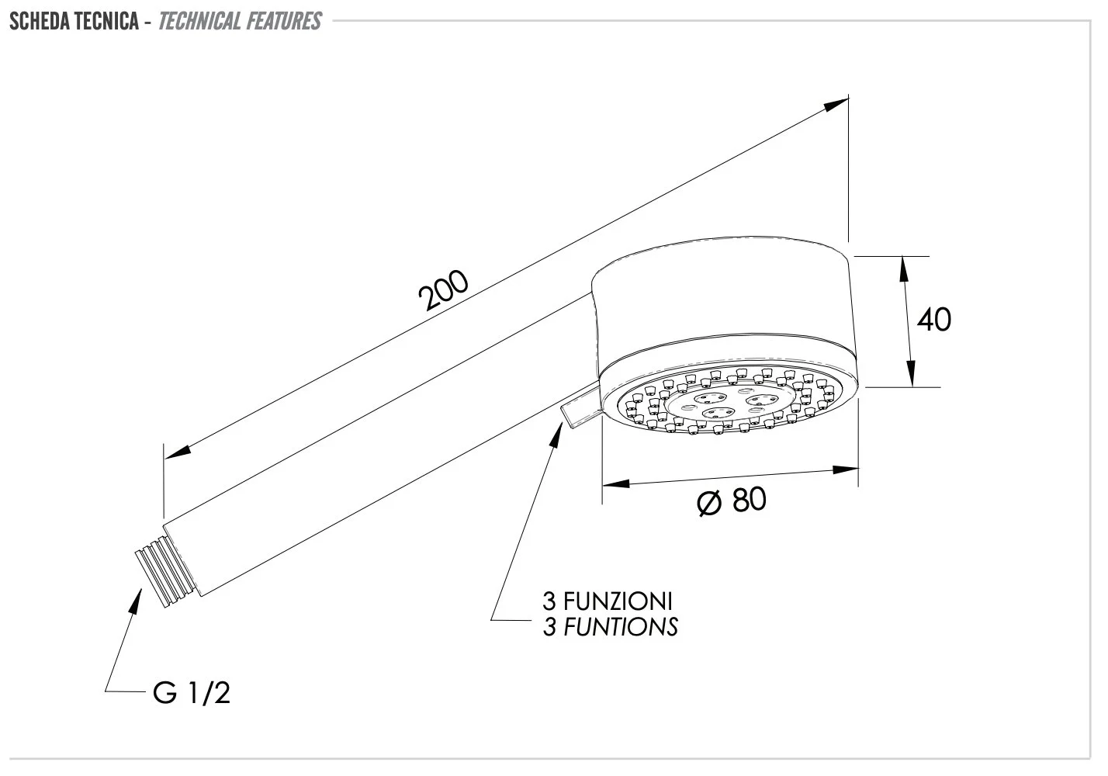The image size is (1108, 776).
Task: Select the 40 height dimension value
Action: coord(934,320)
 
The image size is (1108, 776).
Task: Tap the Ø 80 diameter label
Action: coord(732,501)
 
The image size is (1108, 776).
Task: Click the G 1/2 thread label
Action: coord(192,693)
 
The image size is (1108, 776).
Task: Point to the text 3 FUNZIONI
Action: coord(608,601)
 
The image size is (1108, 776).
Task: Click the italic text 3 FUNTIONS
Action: coord(611,627)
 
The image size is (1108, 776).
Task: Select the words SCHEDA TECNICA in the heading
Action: coord(74,21)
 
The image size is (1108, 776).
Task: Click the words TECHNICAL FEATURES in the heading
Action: coord(240,21)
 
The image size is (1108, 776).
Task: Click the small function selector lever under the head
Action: coord(580,404)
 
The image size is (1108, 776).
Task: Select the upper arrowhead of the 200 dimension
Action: coord(836,104)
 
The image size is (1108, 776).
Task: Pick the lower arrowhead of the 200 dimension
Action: coord(178,452)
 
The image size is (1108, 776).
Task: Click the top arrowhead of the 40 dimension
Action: coord(903,269)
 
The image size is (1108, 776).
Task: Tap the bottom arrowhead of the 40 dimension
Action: coord(911,373)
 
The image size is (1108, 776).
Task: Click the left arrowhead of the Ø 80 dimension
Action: coord(616,483)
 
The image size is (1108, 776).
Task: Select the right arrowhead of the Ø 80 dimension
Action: coord(845,469)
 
